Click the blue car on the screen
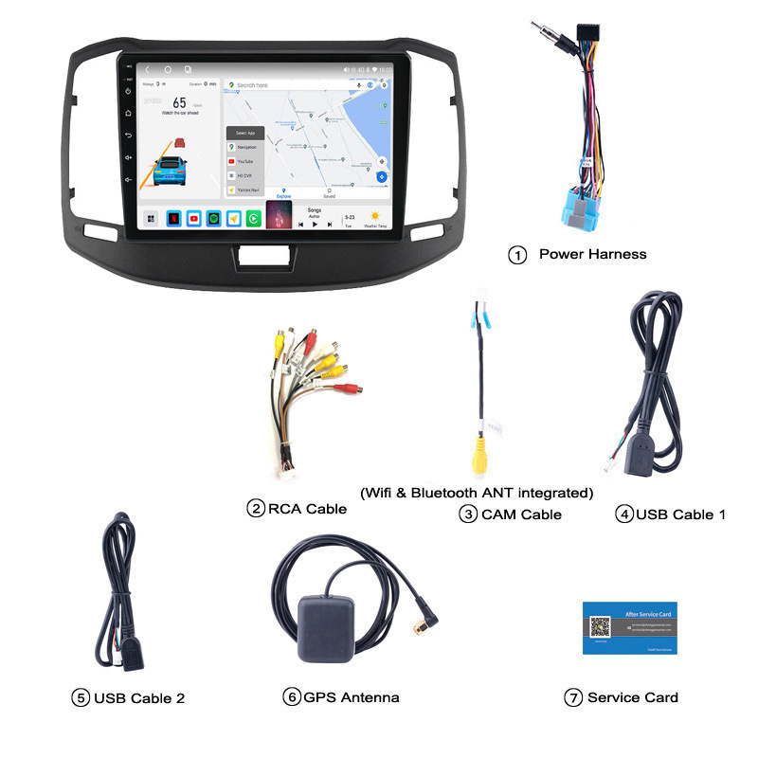pos(171,173)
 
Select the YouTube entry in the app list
pos(244,161)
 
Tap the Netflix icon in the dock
pos(173,218)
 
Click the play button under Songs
pos(315,225)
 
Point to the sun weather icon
pos(375,215)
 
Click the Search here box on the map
pos(294,85)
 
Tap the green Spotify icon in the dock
pos(213,218)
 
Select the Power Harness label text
pos(592,254)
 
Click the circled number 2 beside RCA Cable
pos(255,509)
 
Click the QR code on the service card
pos(599,627)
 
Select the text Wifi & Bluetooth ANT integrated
pos(477,492)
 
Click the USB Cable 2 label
pos(139,698)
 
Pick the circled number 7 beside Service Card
pos(572,697)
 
